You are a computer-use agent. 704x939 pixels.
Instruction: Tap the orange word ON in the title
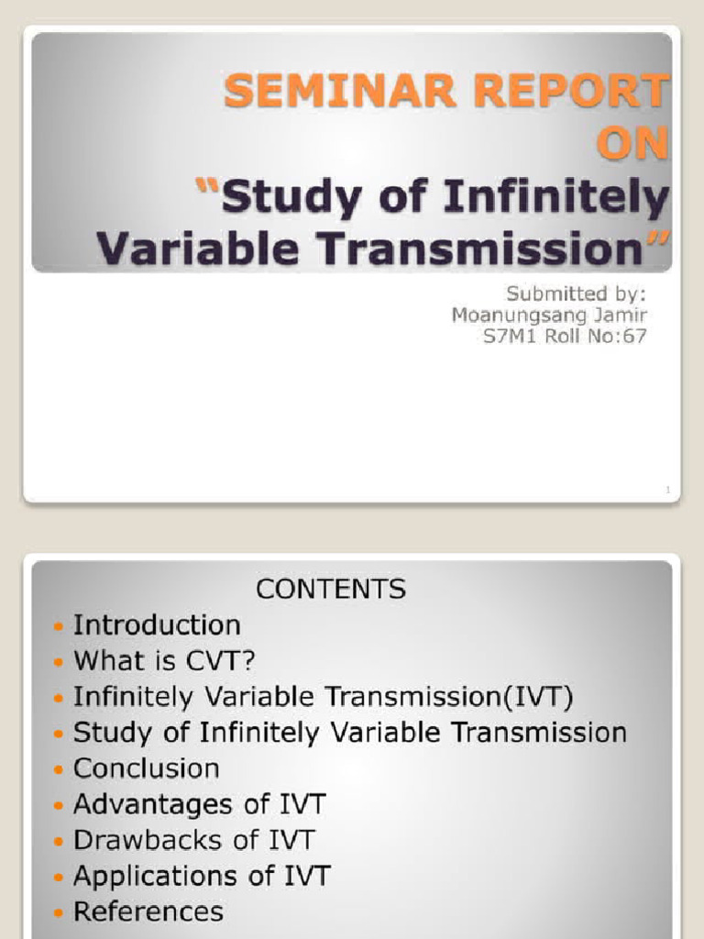coord(632,145)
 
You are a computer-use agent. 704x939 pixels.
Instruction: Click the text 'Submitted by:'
coord(577,293)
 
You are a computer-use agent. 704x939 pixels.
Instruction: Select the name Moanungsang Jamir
coord(549,315)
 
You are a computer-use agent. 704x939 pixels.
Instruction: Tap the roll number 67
coord(635,336)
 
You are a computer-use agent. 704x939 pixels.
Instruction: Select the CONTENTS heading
coord(330,589)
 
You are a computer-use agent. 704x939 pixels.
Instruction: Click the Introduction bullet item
coord(157,625)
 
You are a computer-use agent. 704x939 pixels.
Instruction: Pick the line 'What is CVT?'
coord(163,661)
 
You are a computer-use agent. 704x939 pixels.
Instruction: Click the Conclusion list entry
coord(147,768)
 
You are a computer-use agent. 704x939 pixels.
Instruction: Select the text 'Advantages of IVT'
coord(199,804)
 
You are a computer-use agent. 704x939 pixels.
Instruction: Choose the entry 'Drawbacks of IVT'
coord(193,840)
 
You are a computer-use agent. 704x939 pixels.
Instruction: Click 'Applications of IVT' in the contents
coord(202,876)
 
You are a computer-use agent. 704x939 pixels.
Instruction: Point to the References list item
coord(148,911)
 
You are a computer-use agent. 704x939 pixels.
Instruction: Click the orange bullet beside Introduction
coord(59,627)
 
